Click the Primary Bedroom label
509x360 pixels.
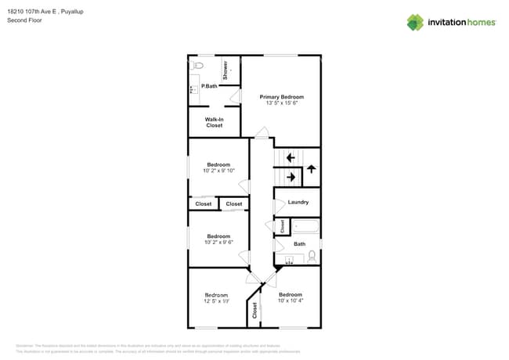click(281, 96)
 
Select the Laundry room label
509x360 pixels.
click(298, 202)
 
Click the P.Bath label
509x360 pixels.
click(209, 86)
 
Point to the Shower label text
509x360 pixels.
click(226, 70)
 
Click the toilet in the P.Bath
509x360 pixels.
click(198, 65)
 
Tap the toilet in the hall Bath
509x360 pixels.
click(312, 255)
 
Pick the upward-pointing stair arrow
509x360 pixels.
click(311, 168)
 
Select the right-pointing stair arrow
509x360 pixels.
click(291, 177)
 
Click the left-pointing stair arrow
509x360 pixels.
click(291, 158)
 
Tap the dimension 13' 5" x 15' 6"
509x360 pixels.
click(281, 103)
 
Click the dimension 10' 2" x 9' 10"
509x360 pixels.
click(218, 171)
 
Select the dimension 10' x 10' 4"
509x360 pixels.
click(290, 301)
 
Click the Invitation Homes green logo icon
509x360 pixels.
click(414, 22)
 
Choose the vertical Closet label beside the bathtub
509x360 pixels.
click(282, 227)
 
